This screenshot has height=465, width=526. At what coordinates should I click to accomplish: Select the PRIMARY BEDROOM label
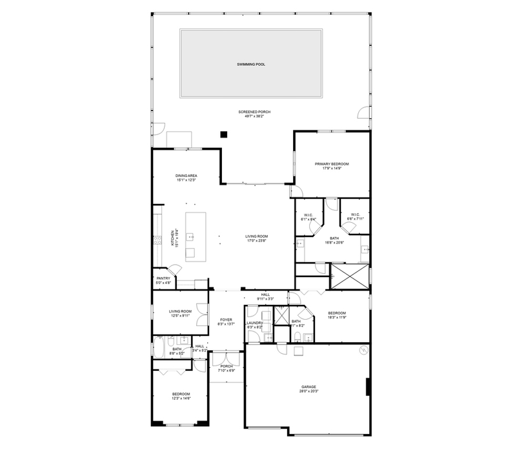tap(332, 164)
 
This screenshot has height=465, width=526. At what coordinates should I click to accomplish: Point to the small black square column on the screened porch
tap(224, 134)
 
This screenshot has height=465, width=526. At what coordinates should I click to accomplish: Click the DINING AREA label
tap(186, 176)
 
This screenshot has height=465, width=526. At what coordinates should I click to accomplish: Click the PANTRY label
tap(163, 278)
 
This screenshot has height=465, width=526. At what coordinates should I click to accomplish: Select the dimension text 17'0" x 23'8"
tap(256, 242)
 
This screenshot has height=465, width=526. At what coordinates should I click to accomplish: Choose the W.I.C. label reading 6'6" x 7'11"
tap(356, 219)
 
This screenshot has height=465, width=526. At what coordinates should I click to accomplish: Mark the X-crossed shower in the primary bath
tap(349, 276)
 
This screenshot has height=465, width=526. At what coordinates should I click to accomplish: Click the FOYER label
tap(226, 319)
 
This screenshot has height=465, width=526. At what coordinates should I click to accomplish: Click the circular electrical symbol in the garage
tap(364, 351)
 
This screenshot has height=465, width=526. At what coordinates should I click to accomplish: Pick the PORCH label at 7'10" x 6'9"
tap(227, 366)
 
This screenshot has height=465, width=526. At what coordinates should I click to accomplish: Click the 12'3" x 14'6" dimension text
tap(181, 398)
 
